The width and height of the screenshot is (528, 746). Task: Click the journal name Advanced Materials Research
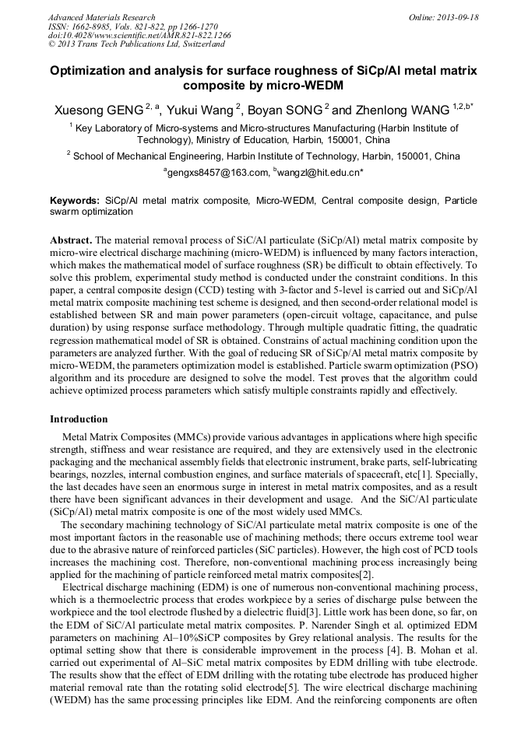101,17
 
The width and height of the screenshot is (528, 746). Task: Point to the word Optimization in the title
90,71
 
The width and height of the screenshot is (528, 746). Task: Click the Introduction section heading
79,419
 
